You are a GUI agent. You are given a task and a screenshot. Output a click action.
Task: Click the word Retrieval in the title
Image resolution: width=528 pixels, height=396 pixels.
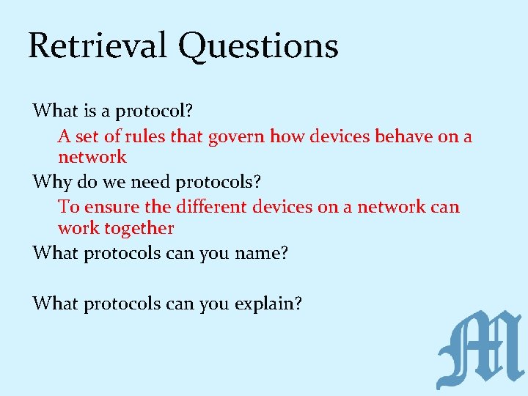(x=98, y=45)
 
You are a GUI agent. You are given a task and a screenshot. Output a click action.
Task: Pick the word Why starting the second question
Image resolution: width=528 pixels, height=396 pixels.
(x=51, y=181)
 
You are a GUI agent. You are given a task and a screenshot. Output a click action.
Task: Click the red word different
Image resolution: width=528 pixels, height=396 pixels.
(x=208, y=207)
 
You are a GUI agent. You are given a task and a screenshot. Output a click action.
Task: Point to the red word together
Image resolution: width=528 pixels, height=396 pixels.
(x=139, y=228)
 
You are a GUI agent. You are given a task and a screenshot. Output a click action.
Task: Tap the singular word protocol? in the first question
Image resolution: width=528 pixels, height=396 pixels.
(x=154, y=111)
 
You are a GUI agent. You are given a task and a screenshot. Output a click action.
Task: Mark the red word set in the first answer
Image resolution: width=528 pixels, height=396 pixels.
(x=87, y=136)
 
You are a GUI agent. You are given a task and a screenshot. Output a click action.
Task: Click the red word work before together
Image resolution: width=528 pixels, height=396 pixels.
(x=78, y=228)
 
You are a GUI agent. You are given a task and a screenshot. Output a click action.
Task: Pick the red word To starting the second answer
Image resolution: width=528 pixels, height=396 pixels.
(x=68, y=207)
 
